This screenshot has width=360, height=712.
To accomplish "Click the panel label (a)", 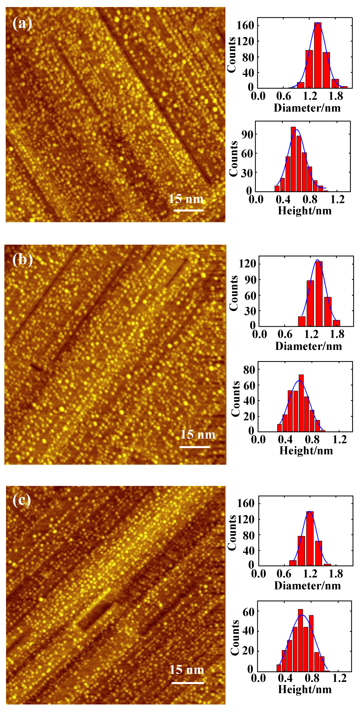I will pos(22,23).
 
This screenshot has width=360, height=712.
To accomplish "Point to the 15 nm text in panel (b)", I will pos(198,435).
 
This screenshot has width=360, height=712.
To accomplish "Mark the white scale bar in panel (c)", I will pos(188,683).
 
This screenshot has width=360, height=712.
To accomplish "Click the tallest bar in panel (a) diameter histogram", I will pos(318,55).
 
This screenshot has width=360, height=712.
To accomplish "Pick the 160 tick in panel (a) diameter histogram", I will pos(245,26).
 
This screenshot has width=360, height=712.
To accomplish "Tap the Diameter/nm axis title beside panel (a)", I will pos(307,108).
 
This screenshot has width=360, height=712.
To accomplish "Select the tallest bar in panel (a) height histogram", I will pos(293,159).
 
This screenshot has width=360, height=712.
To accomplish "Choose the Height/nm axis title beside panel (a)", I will pos(304,211).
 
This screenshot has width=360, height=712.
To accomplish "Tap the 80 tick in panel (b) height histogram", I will pos(249,370).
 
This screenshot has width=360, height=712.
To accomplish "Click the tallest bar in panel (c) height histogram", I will pos(301,640).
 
